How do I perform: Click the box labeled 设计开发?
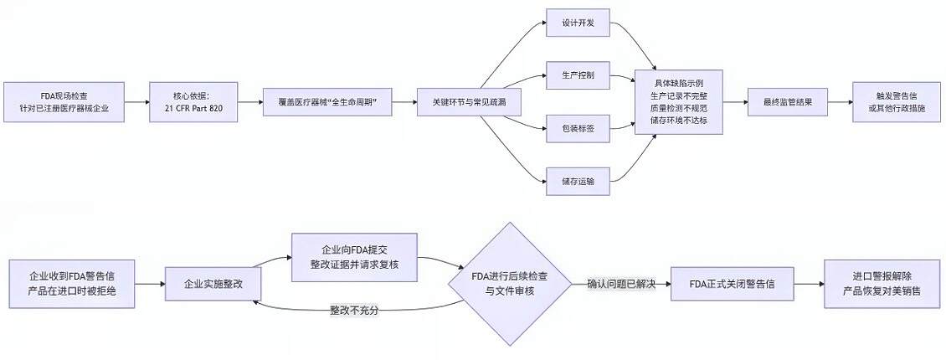coord(577,23)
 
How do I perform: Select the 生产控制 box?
coord(577,75)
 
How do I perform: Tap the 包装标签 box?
coord(577,127)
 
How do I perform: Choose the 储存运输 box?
coord(577,180)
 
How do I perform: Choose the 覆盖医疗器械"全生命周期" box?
coord(328,102)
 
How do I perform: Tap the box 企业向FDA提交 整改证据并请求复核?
coord(355,257)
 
